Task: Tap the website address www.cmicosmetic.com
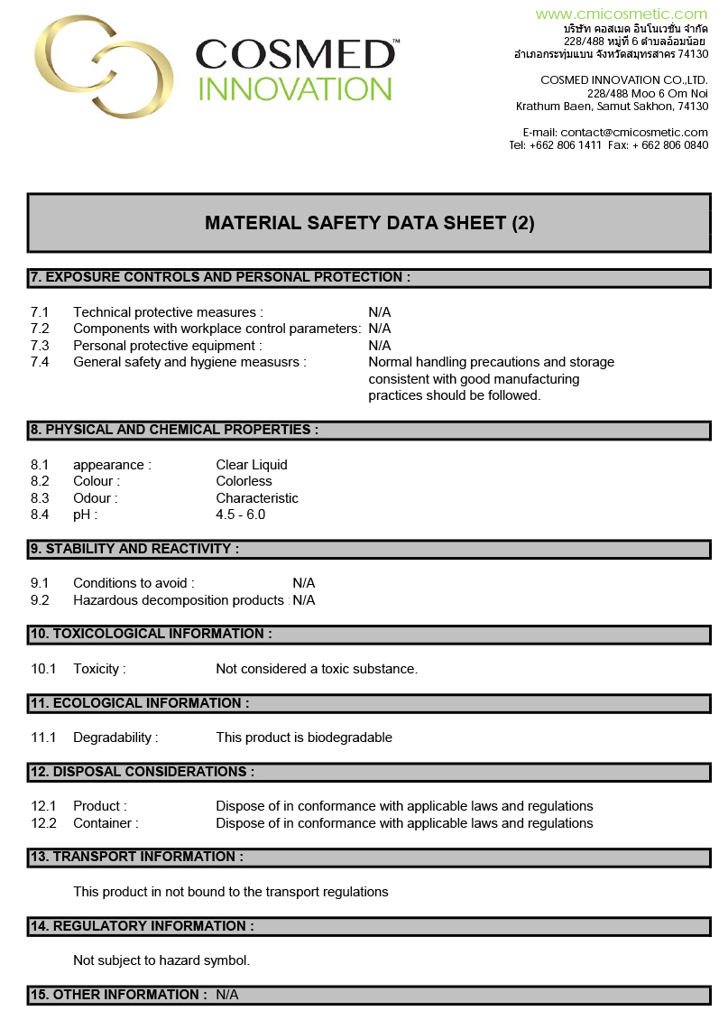tap(622, 14)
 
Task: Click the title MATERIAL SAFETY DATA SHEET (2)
tap(369, 223)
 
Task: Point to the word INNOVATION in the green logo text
tap(294, 88)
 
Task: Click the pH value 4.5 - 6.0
tap(241, 515)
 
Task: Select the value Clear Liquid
tap(252, 465)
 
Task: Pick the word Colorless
tap(244, 481)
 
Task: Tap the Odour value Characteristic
tap(257, 498)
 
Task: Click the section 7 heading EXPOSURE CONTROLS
tap(220, 277)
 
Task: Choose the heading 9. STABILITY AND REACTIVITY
tap(135, 549)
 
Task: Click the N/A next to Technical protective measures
tap(380, 312)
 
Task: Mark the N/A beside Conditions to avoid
tap(304, 583)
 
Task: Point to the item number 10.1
tap(43, 669)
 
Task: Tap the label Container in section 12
tap(106, 823)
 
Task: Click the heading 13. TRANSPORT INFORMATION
tap(137, 857)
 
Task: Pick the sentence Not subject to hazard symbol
tap(161, 960)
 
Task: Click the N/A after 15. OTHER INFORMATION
tap(227, 995)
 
